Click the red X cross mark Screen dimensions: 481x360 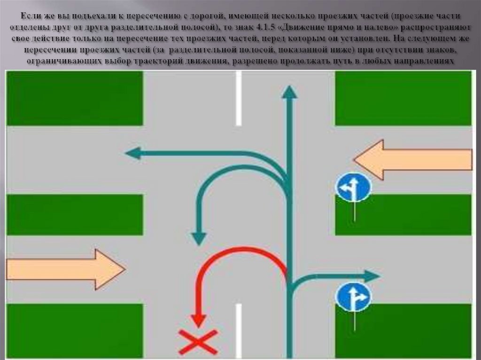[198, 342]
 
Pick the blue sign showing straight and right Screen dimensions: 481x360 [353, 297]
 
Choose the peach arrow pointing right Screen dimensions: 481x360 [66, 269]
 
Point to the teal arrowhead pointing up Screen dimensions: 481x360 [289, 92]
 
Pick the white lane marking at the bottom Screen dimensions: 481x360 [239, 329]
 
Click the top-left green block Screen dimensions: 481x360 [75, 98]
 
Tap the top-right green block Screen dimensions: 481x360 [403, 98]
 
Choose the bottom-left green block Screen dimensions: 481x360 [75, 330]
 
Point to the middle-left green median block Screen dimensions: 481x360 [75, 214]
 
